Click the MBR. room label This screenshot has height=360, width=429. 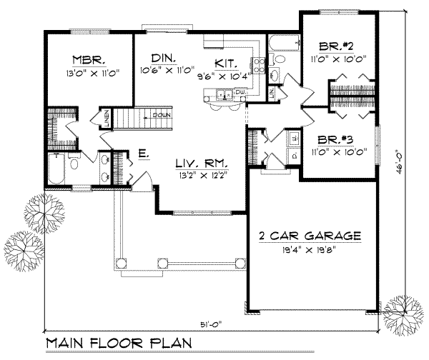click(88, 59)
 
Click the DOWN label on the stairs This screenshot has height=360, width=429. click(160, 114)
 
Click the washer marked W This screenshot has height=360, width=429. click(294, 136)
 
